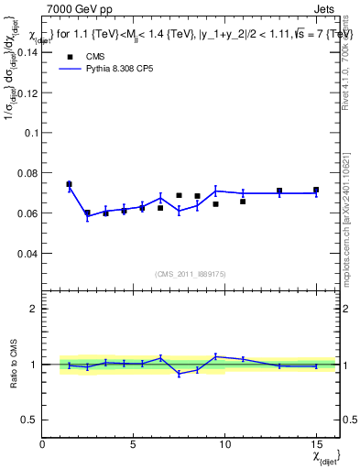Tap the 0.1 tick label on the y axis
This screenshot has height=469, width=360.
tap(29, 133)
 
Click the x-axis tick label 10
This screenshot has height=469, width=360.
tap(225, 444)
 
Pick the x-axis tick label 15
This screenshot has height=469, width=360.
tap(316, 444)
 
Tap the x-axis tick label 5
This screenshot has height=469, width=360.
tap(134, 444)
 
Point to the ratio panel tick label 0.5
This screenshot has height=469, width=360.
tap(29, 419)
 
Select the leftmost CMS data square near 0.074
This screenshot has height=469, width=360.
tap(69, 184)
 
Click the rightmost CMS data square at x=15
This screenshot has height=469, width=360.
tap(316, 191)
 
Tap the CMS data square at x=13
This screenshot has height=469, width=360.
tap(279, 191)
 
